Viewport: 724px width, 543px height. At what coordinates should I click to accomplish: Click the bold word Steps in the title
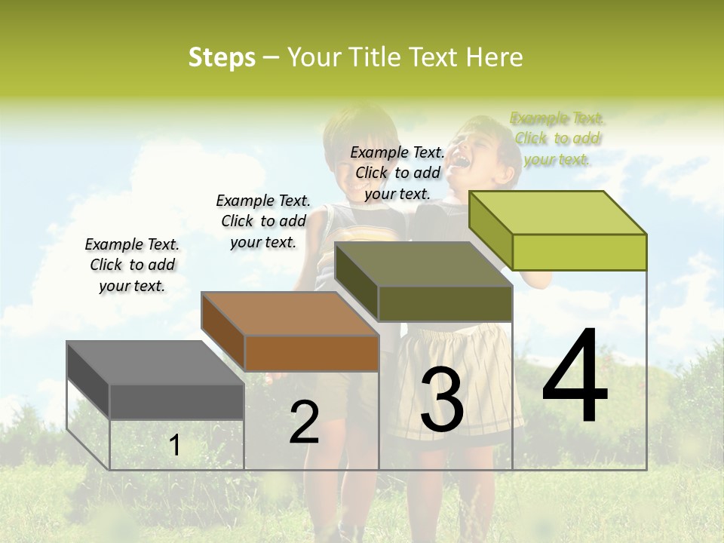222,57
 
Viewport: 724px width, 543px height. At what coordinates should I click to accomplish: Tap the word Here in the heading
494,57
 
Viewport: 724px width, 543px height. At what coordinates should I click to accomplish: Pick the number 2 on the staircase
304,422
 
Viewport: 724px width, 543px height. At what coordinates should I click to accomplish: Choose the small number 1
175,445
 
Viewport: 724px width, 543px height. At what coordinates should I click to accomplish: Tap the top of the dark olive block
423,264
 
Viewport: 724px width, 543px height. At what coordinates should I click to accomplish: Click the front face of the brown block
311,353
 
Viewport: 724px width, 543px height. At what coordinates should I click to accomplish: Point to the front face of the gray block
176,401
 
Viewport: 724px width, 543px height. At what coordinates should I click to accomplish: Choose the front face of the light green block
579,252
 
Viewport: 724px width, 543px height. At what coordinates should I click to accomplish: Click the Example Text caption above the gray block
132,265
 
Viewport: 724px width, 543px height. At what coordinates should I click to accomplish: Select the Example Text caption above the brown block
263,221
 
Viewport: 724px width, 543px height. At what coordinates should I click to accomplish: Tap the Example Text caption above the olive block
397,173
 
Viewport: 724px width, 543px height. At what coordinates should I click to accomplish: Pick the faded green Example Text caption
557,139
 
